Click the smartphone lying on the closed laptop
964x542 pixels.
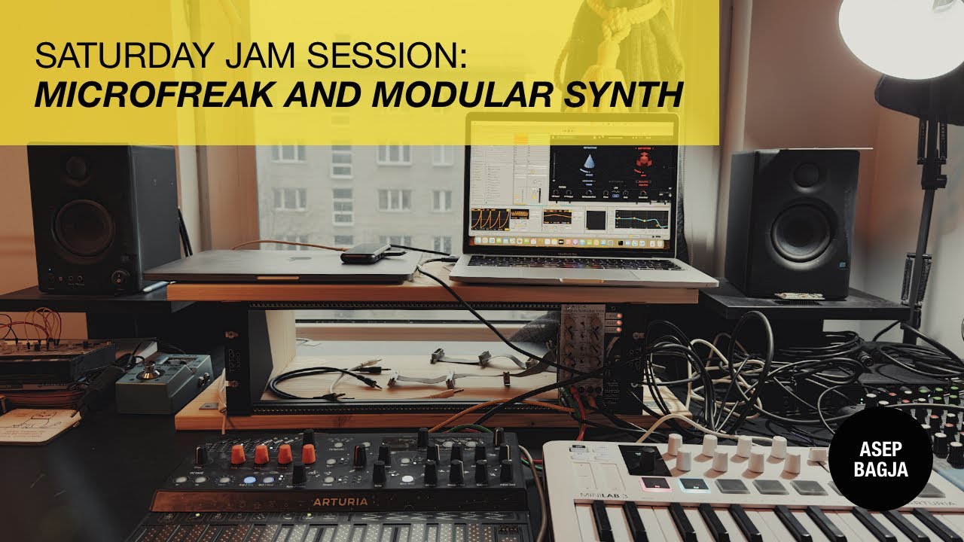click(x=366, y=253)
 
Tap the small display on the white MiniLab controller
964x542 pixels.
click(x=644, y=460)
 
